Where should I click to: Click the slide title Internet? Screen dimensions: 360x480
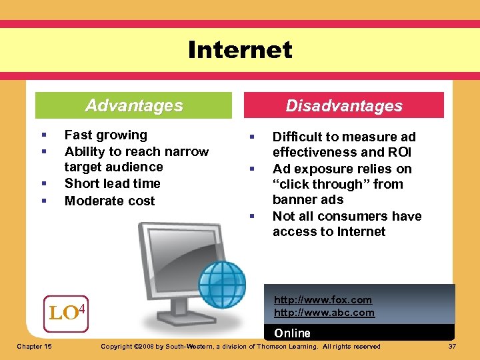(240, 50)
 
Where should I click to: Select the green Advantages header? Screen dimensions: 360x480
(134, 105)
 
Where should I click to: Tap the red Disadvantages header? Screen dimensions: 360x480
(344, 105)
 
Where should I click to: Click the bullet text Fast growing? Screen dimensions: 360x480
(105, 135)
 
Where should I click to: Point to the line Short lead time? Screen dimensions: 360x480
(112, 183)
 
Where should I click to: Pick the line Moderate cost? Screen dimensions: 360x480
(109, 201)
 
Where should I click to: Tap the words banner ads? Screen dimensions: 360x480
(307, 199)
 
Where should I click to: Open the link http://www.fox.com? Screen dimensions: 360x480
(323, 300)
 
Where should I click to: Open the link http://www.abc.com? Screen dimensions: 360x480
(324, 312)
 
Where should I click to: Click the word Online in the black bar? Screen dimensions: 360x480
(293, 333)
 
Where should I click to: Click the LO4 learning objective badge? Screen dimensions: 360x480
(67, 311)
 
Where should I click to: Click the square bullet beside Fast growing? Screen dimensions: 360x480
(42, 135)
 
